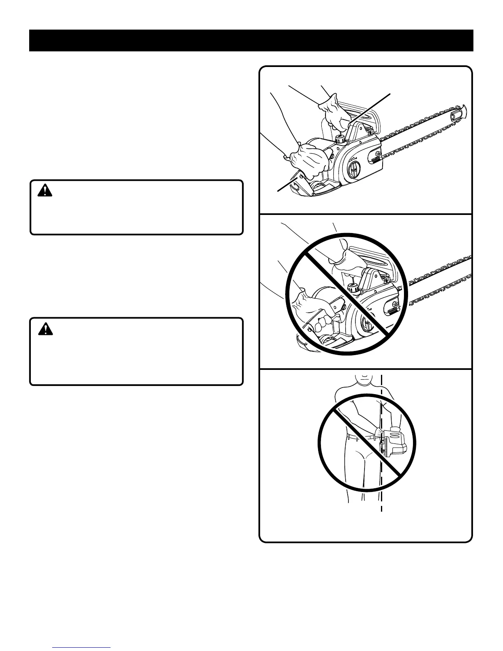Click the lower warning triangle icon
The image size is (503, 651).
43,328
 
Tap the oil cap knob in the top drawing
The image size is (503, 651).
340,139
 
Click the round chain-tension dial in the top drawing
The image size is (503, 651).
353,168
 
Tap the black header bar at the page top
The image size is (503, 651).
251,40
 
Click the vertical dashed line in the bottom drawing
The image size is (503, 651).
382,485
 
